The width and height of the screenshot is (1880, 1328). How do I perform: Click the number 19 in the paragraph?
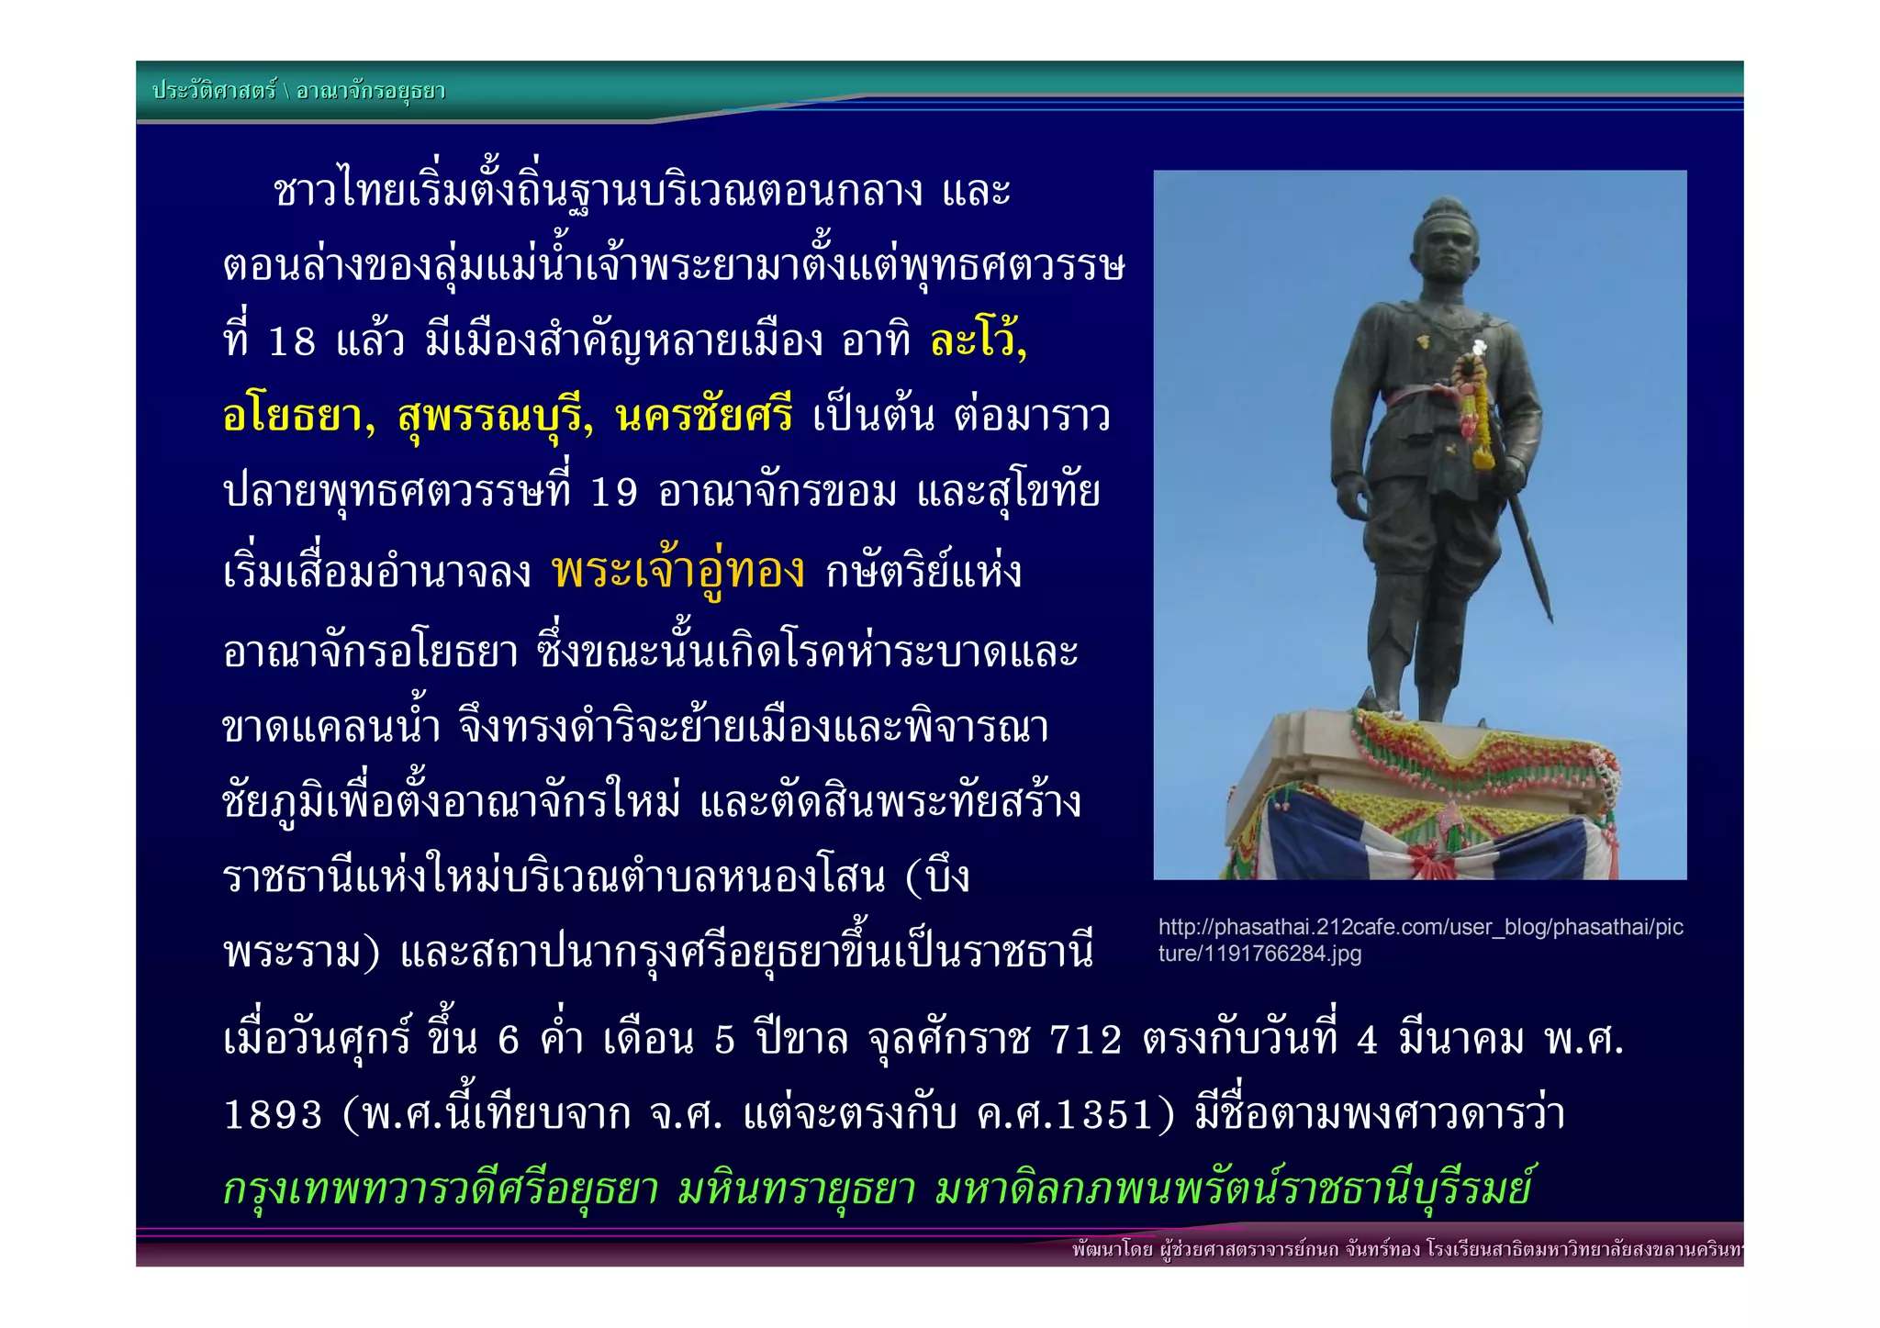[613, 494]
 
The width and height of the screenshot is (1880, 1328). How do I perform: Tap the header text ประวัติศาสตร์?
[214, 91]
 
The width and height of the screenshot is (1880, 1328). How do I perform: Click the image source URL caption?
[1419, 940]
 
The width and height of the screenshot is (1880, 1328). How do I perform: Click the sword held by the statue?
[1527, 560]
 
